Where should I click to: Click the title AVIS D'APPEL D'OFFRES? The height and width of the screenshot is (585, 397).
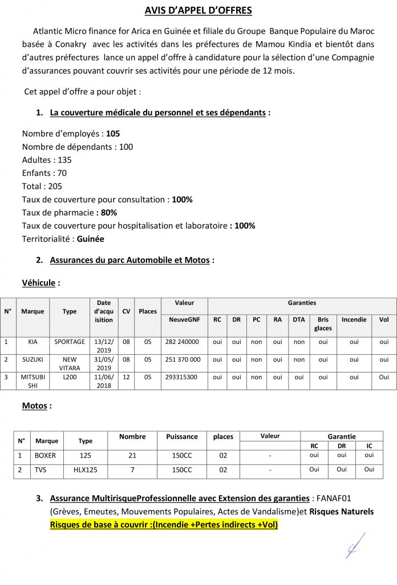pos(198,10)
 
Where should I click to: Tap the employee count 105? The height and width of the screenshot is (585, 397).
pos(113,134)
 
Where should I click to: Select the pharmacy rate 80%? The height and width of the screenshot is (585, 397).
pos(109,213)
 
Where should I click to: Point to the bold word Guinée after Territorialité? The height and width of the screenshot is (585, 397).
pos(91,239)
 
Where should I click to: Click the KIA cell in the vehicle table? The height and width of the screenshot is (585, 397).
pos(33,342)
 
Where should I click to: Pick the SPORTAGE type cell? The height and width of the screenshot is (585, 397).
pos(70,342)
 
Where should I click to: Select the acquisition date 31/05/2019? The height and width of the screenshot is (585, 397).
pos(104,364)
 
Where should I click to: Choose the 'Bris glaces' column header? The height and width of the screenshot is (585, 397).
pos(323,324)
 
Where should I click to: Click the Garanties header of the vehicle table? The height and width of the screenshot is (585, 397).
pos(302,303)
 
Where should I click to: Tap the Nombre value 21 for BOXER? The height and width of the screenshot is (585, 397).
pos(132,455)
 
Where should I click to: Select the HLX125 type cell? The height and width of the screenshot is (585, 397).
pos(85,470)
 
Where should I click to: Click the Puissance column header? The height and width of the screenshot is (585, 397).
pos(182,436)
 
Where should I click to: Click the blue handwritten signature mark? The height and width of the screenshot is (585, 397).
pos(355,545)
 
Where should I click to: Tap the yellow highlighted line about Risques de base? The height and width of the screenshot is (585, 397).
pos(164,524)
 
